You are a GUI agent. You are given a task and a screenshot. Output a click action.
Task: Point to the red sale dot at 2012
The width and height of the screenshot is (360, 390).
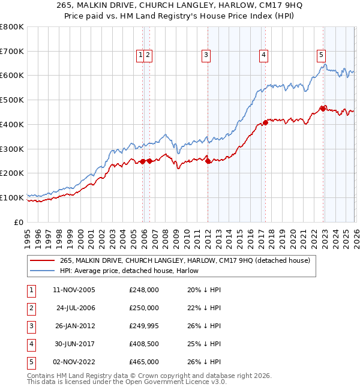tap(208, 161)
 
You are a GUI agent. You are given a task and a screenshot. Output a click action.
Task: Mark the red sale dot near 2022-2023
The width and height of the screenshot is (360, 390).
tap(323, 109)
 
